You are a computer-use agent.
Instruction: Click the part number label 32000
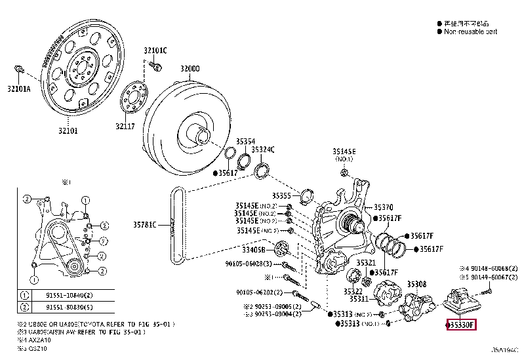click(x=190, y=69)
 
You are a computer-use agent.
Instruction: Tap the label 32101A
click(x=19, y=89)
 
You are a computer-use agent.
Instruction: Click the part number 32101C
click(x=156, y=50)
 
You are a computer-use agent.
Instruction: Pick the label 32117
click(x=125, y=127)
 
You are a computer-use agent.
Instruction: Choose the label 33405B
click(x=252, y=250)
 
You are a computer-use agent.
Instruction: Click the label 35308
click(x=416, y=284)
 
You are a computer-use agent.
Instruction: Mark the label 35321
click(x=366, y=262)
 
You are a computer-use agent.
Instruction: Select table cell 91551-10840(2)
click(x=68, y=295)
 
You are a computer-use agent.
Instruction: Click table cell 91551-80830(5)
click(x=68, y=307)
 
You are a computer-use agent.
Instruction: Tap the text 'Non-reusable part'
click(x=470, y=31)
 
